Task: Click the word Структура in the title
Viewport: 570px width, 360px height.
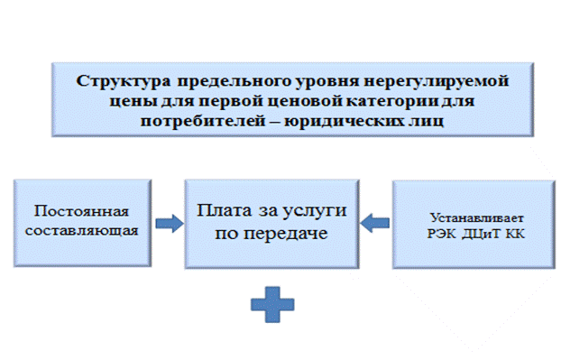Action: click(x=123, y=81)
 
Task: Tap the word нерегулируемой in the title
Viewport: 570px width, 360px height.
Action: click(x=437, y=81)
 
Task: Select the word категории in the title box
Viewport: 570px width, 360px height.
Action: click(x=391, y=101)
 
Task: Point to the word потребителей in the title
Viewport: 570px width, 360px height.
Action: click(x=203, y=121)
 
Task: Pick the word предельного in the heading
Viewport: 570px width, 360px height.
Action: click(x=234, y=81)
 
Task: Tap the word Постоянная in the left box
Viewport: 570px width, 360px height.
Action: click(x=81, y=211)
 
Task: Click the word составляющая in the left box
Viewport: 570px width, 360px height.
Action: click(x=81, y=231)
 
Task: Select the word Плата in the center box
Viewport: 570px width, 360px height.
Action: click(x=224, y=210)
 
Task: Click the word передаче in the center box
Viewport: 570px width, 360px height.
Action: click(x=286, y=234)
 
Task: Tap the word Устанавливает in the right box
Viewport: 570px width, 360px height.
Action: click(x=476, y=218)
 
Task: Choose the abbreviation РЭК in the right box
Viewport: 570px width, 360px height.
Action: click(x=441, y=234)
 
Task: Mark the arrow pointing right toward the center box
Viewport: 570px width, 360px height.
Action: click(x=170, y=223)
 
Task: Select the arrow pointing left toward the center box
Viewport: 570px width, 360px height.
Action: click(x=375, y=223)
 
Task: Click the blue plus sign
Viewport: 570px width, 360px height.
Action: click(x=272, y=304)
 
